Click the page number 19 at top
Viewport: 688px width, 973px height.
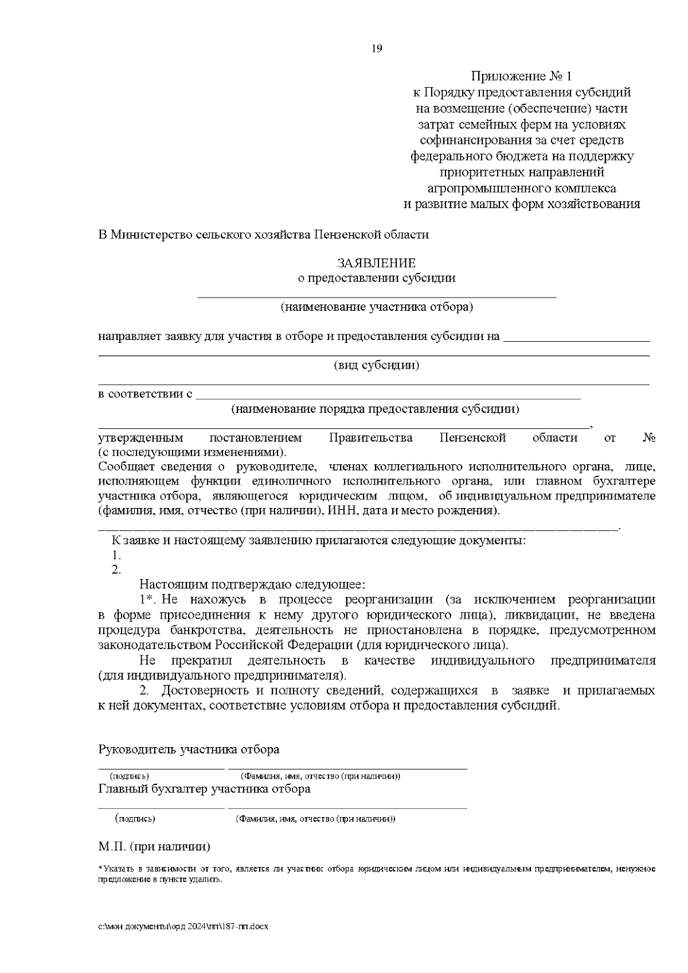(x=377, y=48)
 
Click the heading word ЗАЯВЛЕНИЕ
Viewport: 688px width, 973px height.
(x=376, y=263)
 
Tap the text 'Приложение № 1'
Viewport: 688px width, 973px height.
(x=521, y=76)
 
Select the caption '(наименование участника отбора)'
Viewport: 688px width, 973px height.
(x=376, y=307)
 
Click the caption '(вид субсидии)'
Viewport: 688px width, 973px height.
(x=376, y=365)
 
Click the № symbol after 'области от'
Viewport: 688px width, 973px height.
(x=649, y=438)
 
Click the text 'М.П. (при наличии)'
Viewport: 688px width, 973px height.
(x=154, y=846)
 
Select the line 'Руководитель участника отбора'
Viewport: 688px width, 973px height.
(x=189, y=749)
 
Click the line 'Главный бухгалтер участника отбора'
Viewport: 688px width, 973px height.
(x=204, y=789)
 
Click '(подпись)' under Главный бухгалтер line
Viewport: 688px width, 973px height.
(x=135, y=819)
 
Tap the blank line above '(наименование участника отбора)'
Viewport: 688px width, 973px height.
(x=376, y=296)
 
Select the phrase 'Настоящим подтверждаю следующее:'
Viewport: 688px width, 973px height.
(x=252, y=585)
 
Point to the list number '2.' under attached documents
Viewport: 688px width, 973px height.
(x=116, y=570)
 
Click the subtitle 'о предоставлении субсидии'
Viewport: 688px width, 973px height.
(x=376, y=278)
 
